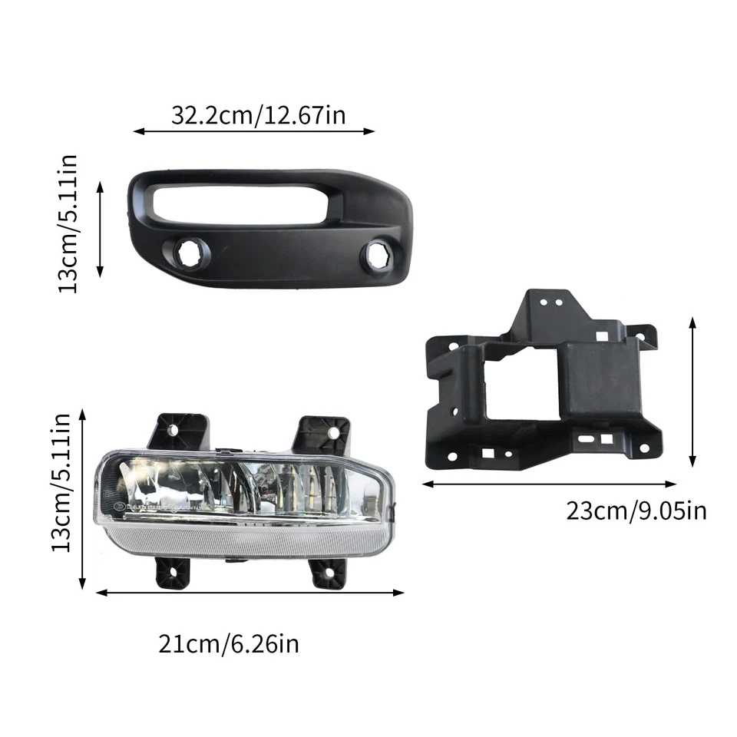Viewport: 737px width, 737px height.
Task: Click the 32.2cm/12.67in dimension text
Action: (258, 115)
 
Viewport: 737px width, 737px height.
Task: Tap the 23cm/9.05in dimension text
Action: (636, 511)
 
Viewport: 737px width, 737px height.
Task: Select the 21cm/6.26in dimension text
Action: (229, 643)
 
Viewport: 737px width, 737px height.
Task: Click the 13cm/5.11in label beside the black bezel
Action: (68, 223)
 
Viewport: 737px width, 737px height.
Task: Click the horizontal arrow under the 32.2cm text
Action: (254, 131)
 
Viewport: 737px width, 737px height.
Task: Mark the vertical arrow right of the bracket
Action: (692, 392)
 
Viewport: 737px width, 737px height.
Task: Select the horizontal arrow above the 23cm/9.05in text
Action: (549, 484)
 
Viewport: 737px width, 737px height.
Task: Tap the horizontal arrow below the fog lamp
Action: (250, 592)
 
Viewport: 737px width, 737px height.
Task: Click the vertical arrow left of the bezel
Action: (100, 229)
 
